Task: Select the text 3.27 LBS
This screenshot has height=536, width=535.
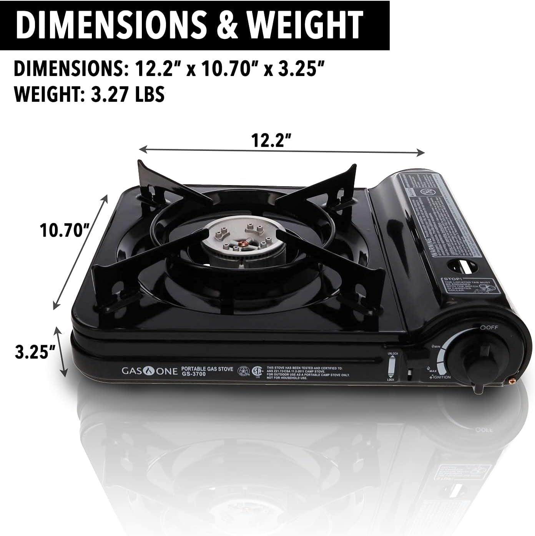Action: click(128, 94)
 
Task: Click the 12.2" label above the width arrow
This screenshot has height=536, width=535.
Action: click(270, 141)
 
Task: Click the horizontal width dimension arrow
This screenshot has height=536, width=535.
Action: click(281, 150)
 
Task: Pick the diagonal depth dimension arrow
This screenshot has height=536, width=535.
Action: click(80, 252)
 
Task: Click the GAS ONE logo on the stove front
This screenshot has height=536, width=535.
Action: click(150, 371)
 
